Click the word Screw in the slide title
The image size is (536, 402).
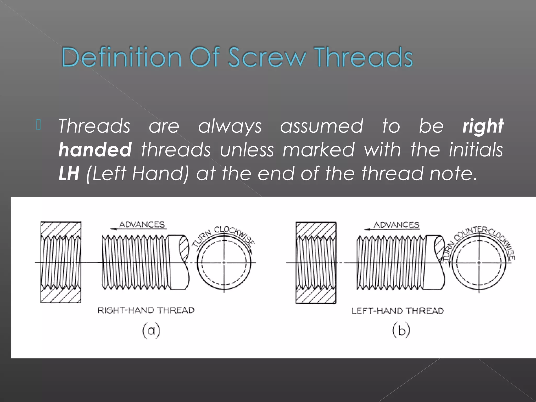click(267, 57)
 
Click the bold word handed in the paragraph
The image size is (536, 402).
click(95, 150)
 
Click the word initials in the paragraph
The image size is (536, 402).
click(476, 150)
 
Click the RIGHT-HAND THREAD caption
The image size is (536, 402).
click(146, 310)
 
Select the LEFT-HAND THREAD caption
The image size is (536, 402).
click(397, 311)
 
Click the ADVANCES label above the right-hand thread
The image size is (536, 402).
click(142, 225)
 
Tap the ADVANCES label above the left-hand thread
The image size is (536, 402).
click(396, 225)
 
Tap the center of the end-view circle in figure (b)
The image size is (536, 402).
click(479, 262)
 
